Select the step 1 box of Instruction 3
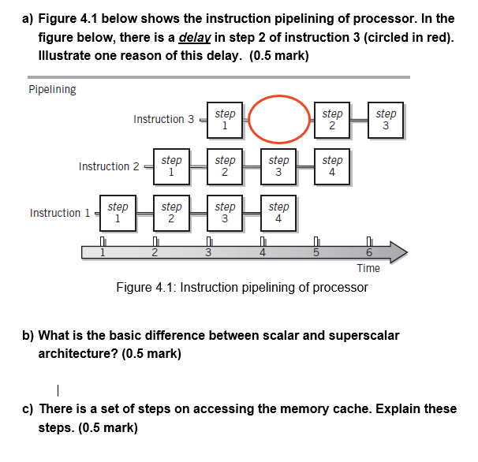click(x=225, y=120)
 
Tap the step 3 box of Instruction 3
click(x=386, y=120)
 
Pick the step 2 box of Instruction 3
click(x=332, y=120)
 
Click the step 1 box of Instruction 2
click(x=171, y=166)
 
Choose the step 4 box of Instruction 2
click(x=332, y=166)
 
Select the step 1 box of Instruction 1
click(x=118, y=213)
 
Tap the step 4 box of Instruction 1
click(x=278, y=213)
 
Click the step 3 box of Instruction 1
click(x=225, y=213)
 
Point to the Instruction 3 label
click(x=163, y=119)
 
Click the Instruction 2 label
click(x=109, y=166)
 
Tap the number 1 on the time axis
click(x=102, y=253)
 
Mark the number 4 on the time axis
click(x=263, y=253)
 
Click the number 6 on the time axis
click(x=368, y=253)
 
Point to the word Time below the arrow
click(x=368, y=268)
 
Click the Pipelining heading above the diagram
click(x=52, y=89)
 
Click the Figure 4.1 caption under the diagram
click(x=241, y=287)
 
